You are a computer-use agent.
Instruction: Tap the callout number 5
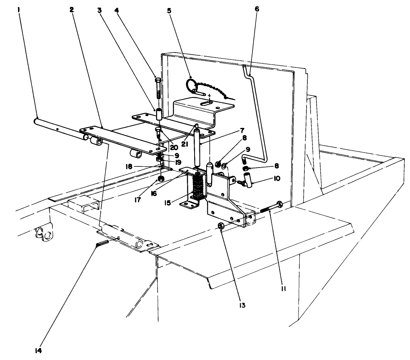[169, 10]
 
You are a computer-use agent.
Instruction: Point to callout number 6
[257, 9]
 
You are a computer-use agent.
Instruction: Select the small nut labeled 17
[161, 178]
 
